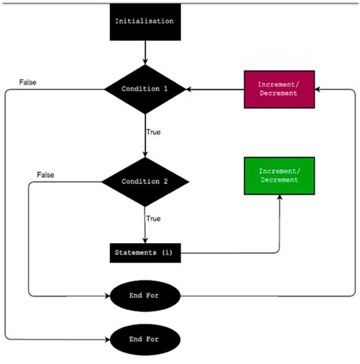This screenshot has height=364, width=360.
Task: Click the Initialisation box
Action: point(144,21)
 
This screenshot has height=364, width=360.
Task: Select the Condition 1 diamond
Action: point(144,90)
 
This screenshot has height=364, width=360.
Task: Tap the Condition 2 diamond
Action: point(144,182)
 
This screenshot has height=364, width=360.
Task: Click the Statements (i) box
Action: point(144,252)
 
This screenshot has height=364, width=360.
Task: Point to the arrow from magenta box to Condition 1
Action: point(216,90)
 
